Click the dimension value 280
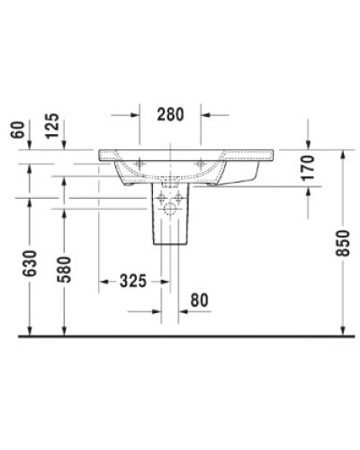coord(168,114)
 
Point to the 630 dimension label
coord(31,265)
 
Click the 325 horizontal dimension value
coord(131,281)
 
